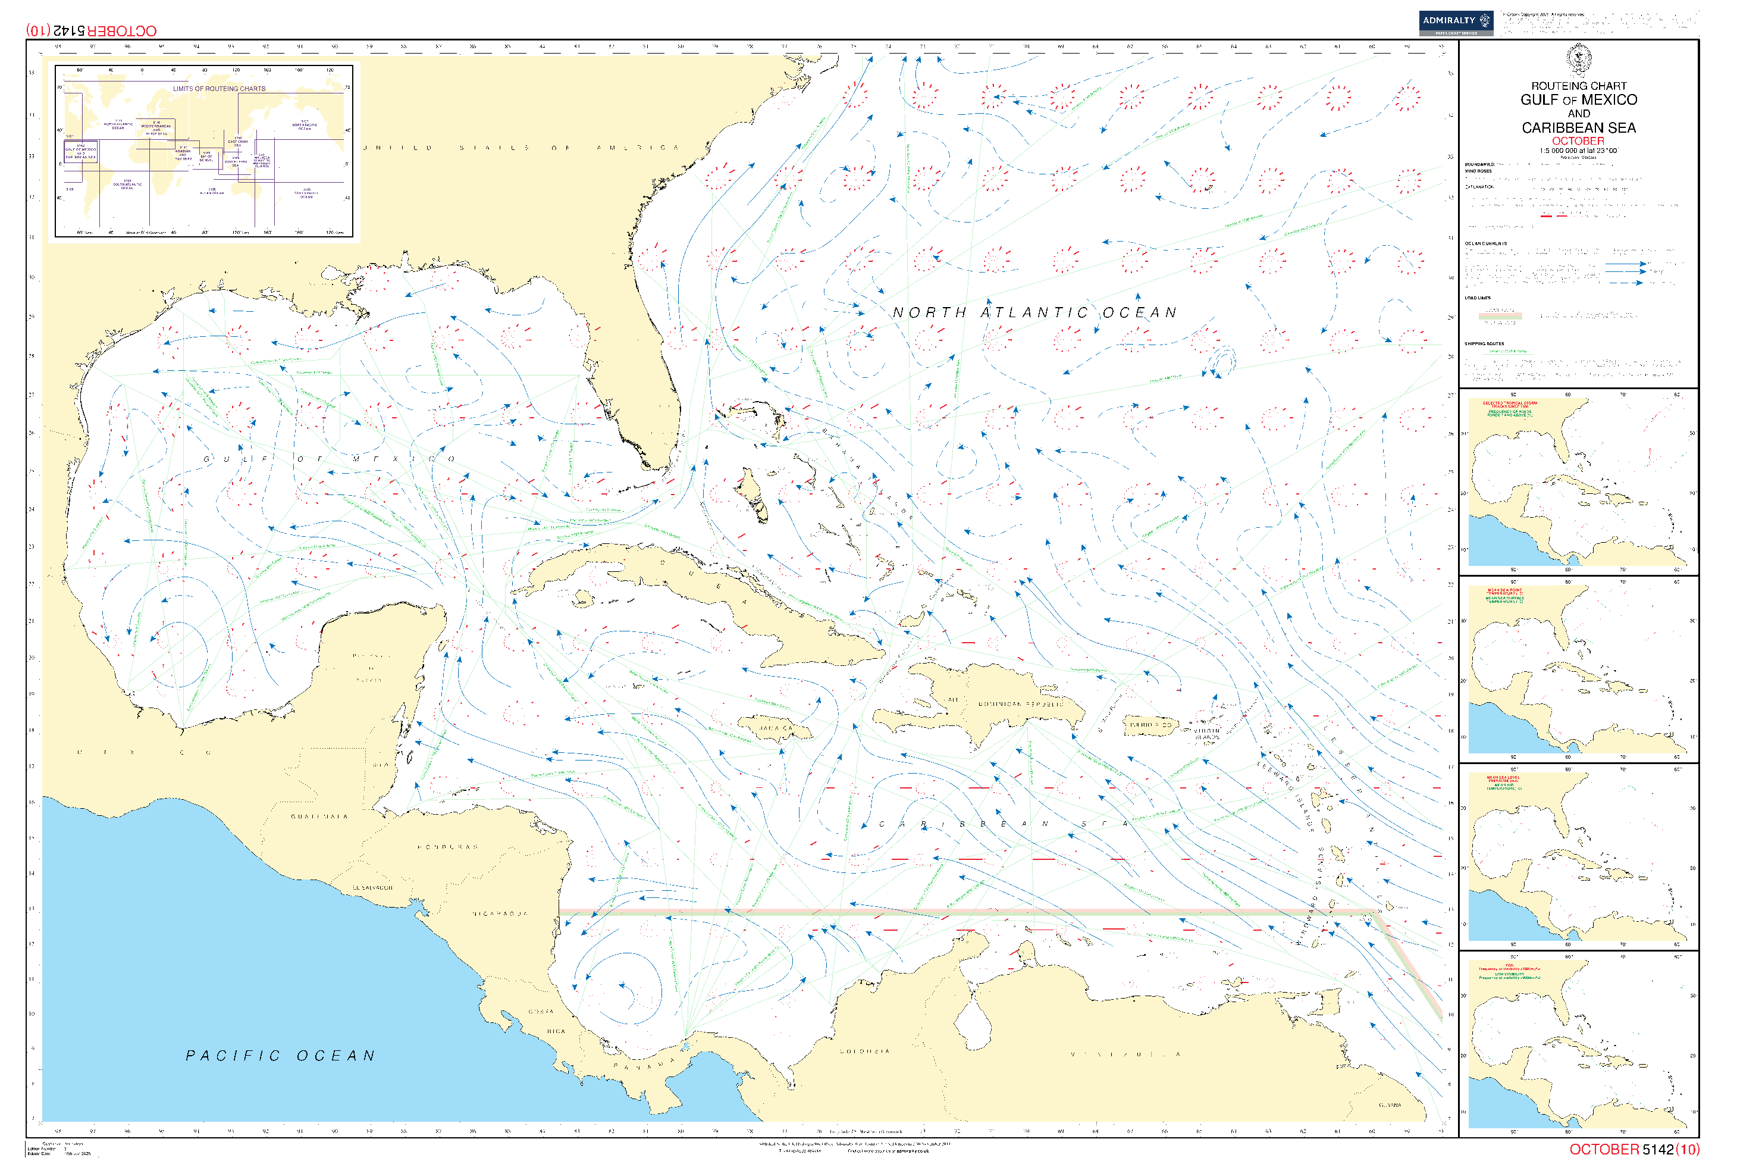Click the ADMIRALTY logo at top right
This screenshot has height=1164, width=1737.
(x=1455, y=22)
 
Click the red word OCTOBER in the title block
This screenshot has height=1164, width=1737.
(x=1578, y=141)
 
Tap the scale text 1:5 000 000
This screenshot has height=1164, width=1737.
(x=1578, y=151)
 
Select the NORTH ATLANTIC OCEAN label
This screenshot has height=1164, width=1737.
(x=1034, y=312)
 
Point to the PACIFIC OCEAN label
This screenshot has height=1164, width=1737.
(x=280, y=1056)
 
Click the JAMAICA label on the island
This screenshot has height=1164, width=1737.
(x=775, y=728)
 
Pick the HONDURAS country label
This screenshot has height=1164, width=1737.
(x=447, y=847)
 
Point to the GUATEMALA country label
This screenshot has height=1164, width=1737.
(x=319, y=816)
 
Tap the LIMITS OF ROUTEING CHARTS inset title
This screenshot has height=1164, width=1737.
(x=219, y=88)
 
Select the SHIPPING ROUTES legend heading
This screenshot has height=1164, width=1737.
(x=1484, y=344)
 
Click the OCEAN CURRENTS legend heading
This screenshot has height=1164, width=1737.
(x=1485, y=243)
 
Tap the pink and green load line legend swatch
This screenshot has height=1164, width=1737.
(x=1500, y=316)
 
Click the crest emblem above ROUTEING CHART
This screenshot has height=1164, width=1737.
(x=1578, y=58)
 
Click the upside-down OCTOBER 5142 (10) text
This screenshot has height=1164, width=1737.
(x=91, y=30)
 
